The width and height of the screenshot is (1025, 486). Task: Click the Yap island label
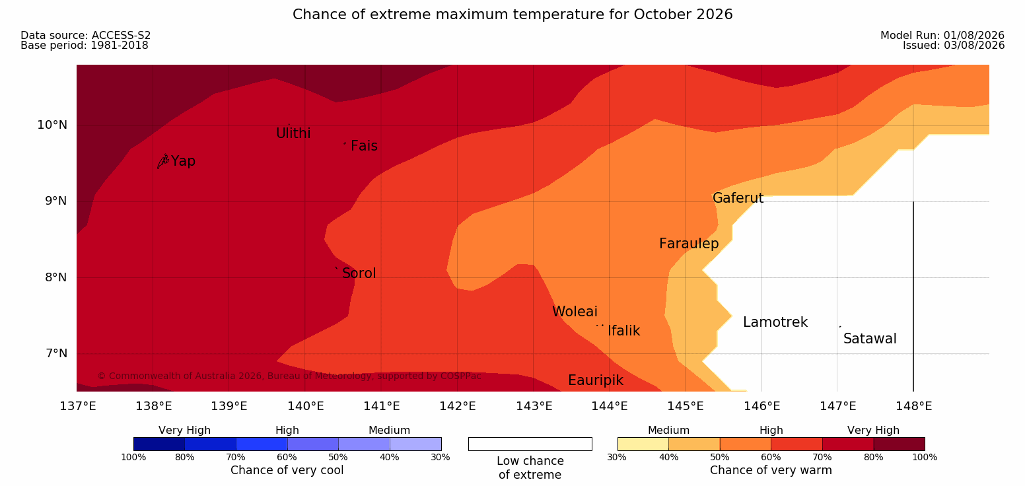[x=184, y=162]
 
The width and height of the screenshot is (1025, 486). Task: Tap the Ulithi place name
[x=293, y=133]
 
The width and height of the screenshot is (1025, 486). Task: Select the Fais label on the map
[x=365, y=146]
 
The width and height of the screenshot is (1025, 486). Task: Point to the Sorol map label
[x=359, y=273]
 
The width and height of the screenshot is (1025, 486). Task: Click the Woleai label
[x=575, y=312]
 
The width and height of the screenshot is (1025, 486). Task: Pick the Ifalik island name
[x=623, y=330]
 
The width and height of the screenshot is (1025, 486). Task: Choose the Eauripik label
[x=596, y=380]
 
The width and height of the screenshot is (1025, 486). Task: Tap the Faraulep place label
[x=689, y=244]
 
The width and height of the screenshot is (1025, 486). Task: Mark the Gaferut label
[x=738, y=198]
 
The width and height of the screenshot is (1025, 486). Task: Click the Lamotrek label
[x=775, y=322]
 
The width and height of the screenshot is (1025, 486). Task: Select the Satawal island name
[x=870, y=339]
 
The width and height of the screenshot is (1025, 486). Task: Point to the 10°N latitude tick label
[x=52, y=125]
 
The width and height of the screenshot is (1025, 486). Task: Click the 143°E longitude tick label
[x=534, y=406]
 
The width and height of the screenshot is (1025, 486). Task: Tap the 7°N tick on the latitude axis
[x=56, y=353]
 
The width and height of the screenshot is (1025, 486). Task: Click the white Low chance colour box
[x=530, y=444]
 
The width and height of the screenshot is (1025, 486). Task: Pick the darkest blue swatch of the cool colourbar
[x=159, y=444]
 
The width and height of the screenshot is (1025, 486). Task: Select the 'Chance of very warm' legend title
[x=771, y=470]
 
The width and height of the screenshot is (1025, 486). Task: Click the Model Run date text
[x=942, y=36]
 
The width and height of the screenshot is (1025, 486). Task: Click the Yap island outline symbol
[x=163, y=162]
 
